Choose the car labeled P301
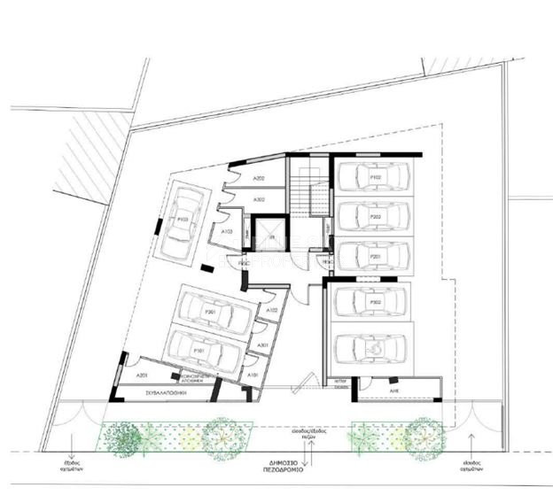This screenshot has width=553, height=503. coord(212,312)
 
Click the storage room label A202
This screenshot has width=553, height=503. coord(260,179)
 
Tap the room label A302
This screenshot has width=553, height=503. coord(260,200)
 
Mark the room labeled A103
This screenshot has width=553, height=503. coord(227,232)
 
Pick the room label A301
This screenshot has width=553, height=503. coord(262,344)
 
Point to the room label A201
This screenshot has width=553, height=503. coord(143,375)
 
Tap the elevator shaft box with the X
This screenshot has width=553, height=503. coord(266,238)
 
